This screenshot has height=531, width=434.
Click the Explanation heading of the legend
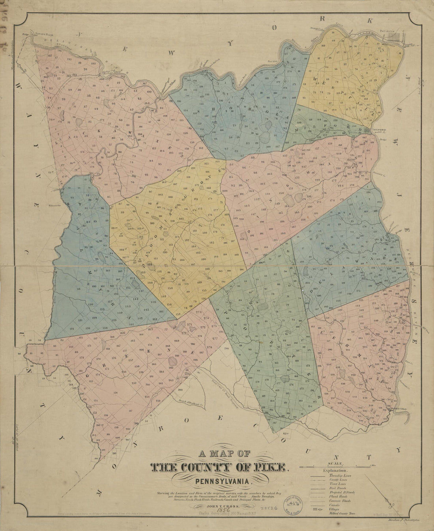pyautogui.click(x=335, y=471)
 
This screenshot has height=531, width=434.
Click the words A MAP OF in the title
pyautogui.click(x=221, y=454)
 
